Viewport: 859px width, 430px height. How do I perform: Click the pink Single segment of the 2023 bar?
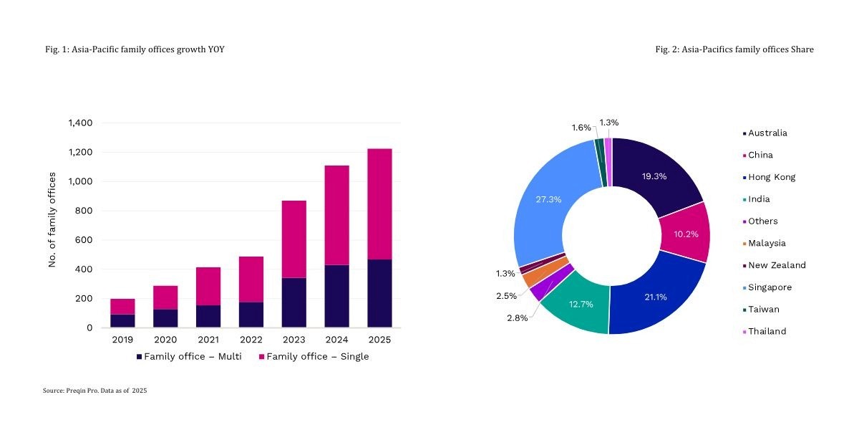(x=293, y=239)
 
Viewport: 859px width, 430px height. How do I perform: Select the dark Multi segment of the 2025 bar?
(x=379, y=293)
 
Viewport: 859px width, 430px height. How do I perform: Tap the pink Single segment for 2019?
(x=122, y=306)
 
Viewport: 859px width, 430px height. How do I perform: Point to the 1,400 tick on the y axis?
(x=79, y=123)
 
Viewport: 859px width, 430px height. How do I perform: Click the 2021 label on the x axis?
(x=208, y=339)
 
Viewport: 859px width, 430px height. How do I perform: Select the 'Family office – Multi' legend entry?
(x=189, y=357)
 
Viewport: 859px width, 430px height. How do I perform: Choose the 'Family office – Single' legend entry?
(x=314, y=357)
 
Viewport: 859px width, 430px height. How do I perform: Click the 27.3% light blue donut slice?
(x=548, y=208)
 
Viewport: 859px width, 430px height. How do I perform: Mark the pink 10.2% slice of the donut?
(x=684, y=233)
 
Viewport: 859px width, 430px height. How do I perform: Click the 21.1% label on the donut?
(x=655, y=297)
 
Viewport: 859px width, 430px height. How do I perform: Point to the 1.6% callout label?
(x=581, y=128)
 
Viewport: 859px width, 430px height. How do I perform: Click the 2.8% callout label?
(x=516, y=318)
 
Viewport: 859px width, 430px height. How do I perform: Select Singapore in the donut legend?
(x=770, y=287)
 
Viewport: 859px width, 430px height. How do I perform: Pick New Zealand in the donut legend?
(x=777, y=265)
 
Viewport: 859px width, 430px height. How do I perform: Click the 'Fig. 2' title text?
(x=734, y=49)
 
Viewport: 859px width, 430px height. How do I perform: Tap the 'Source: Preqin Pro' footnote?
(x=94, y=391)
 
